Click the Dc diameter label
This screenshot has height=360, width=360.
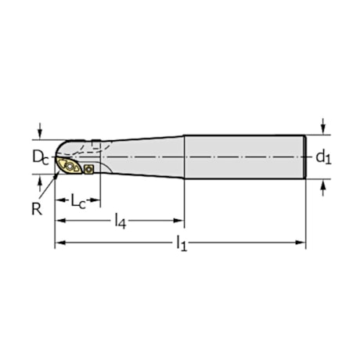(x=39, y=157)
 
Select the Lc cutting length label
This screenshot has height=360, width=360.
(x=78, y=202)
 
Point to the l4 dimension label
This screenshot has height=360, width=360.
(x=120, y=222)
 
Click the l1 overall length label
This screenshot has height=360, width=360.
(x=181, y=244)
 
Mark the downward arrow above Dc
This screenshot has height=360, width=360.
(x=40, y=135)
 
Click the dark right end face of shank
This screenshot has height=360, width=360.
(x=304, y=157)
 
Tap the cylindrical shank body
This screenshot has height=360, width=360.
(x=243, y=157)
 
